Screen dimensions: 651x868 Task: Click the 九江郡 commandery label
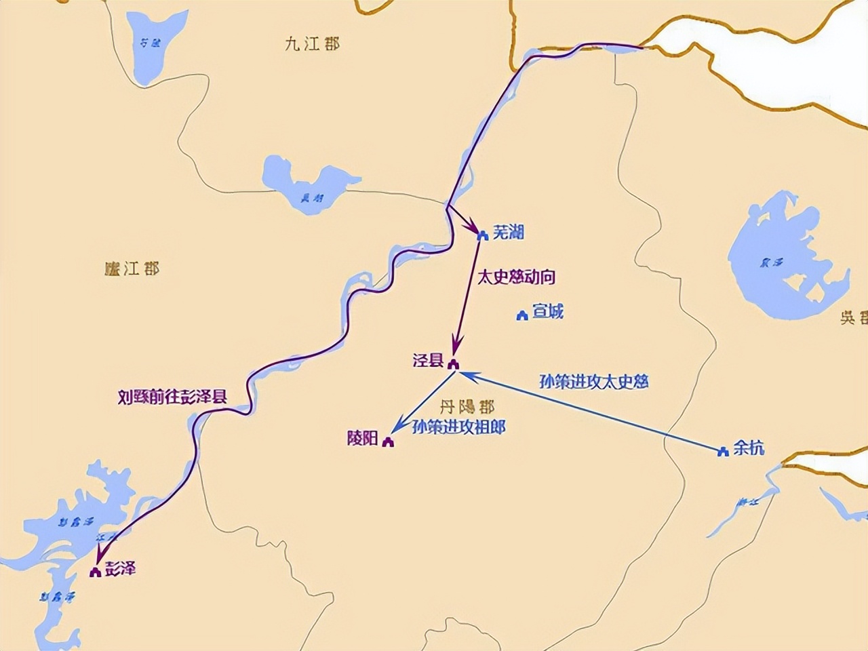(x=312, y=44)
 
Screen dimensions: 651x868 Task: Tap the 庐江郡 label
(x=132, y=269)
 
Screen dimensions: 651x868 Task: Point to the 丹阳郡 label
(x=467, y=407)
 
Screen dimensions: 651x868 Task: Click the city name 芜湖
(x=508, y=233)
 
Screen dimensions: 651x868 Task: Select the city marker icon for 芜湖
(x=483, y=235)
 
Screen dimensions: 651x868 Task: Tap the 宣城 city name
(x=547, y=312)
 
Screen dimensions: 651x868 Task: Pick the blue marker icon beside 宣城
(x=522, y=315)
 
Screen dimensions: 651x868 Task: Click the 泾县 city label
(x=428, y=360)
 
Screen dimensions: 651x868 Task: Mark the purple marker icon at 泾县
(x=453, y=363)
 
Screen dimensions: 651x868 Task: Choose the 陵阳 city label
(x=362, y=439)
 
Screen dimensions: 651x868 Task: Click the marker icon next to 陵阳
(x=388, y=442)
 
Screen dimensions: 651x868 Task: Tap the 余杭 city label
(x=749, y=448)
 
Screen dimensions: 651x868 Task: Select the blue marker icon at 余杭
(x=723, y=451)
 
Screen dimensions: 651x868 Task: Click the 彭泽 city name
(x=121, y=568)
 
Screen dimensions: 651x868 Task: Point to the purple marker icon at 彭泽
(x=96, y=572)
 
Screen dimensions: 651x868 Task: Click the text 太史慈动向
(x=516, y=277)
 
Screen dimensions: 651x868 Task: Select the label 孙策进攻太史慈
(x=594, y=381)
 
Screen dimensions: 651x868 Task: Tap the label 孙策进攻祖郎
(x=459, y=427)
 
